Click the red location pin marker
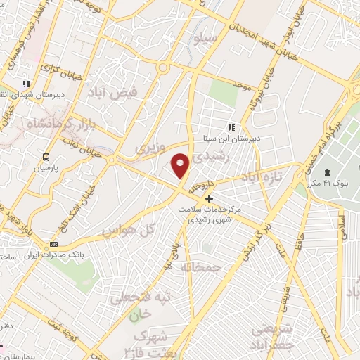181,166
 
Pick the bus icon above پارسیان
46,157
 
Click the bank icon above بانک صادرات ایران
53,244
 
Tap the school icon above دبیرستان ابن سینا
230,127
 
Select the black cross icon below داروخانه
208,198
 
